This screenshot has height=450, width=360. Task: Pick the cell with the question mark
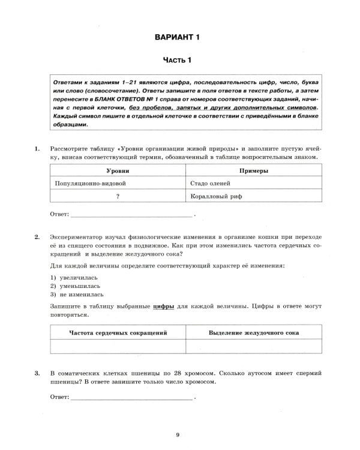118,196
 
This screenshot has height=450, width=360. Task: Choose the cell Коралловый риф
216,196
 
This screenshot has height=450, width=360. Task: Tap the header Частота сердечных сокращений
118,332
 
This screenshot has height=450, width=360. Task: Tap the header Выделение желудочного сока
254,332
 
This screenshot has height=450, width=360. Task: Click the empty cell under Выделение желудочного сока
254,346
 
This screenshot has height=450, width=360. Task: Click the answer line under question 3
131,397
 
